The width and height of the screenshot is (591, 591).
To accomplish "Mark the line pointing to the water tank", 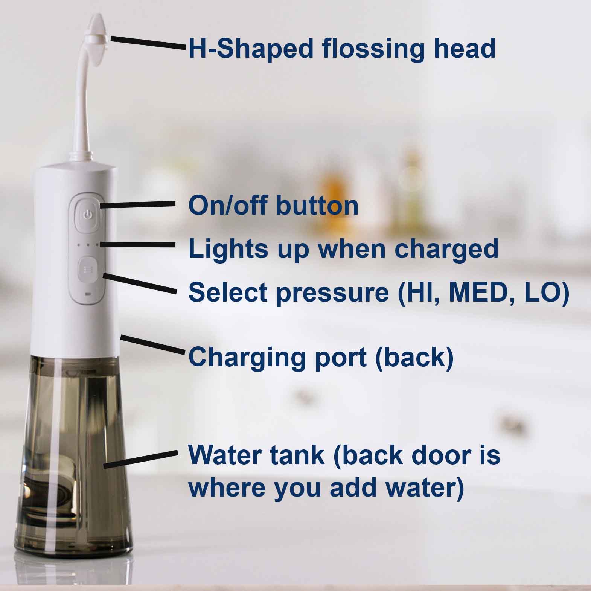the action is click(140, 459).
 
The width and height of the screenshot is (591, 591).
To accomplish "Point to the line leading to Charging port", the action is click(152, 344).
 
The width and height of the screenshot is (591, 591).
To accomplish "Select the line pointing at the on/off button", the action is click(138, 204).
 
